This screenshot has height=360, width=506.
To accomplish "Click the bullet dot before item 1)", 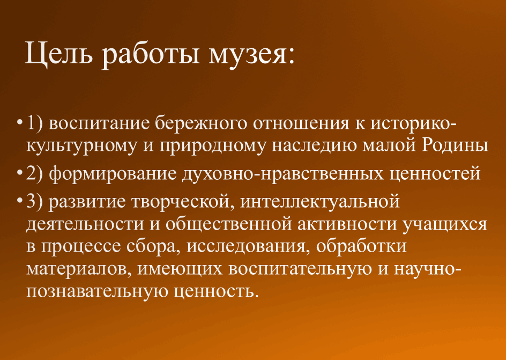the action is [x=20, y=123].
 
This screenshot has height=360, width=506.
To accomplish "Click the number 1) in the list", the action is [x=34, y=123].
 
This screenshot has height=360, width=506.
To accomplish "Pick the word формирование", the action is [x=113, y=174].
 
